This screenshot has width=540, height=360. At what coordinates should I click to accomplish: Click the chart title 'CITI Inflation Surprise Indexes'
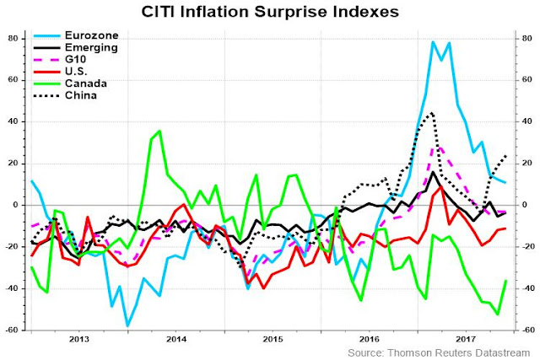point(270,13)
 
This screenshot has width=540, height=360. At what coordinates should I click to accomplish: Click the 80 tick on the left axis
point(15,38)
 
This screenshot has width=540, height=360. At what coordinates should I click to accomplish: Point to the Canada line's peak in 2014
point(159,131)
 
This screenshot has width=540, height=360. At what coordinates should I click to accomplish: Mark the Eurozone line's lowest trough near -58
point(128,325)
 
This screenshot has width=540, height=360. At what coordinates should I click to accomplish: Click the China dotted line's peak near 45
point(433,112)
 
